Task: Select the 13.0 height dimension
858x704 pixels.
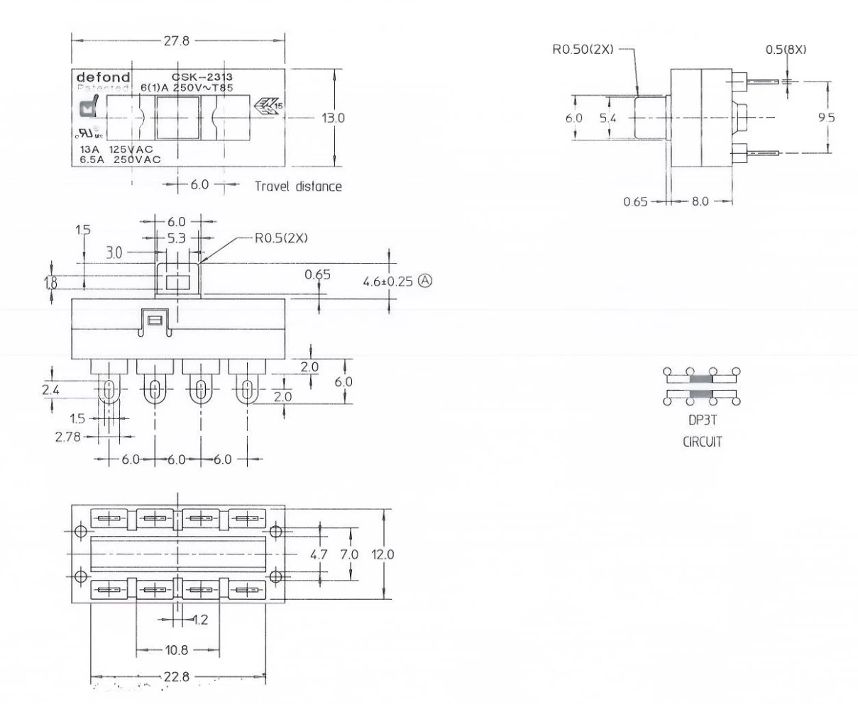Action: [333, 118]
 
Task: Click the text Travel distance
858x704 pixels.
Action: [298, 187]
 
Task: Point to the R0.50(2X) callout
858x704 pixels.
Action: [581, 50]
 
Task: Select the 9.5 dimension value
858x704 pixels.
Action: [826, 118]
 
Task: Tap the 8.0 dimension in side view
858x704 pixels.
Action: [700, 201]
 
